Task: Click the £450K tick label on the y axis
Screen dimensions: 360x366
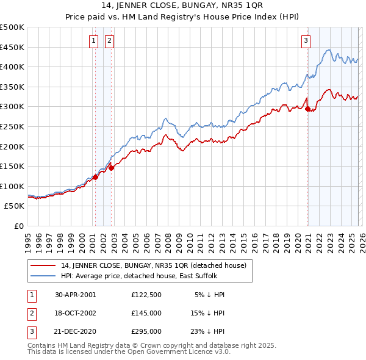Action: [12, 47]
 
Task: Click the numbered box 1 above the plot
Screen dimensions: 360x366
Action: [94, 41]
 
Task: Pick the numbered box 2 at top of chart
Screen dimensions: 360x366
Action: [109, 41]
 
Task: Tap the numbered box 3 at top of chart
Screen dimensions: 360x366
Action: [306, 41]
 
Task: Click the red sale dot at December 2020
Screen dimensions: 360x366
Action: [307, 109]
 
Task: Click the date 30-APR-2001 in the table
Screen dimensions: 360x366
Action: [76, 295]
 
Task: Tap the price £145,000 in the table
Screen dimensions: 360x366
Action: [146, 313]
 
